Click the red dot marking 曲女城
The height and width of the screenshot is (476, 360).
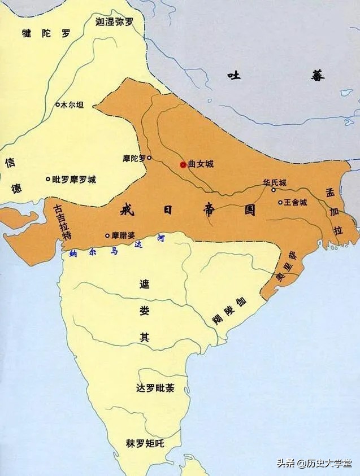(183, 164)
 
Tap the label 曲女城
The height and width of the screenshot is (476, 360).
(201, 164)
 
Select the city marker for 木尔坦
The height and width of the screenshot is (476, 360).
(57, 104)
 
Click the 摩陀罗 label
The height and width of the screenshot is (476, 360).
(134, 159)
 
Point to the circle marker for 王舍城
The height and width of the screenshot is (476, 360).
(280, 202)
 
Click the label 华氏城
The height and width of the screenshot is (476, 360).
(275, 183)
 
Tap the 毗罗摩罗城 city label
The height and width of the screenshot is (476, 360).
(73, 180)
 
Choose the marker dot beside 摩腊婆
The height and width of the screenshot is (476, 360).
(107, 235)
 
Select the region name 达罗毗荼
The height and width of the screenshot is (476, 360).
(155, 388)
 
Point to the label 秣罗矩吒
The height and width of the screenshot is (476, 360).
(145, 443)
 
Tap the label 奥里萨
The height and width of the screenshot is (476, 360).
(284, 269)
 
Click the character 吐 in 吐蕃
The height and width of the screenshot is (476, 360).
(234, 75)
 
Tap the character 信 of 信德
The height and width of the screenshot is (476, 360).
(10, 163)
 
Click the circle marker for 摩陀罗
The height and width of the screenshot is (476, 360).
(149, 158)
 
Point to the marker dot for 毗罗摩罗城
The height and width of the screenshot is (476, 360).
(48, 180)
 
